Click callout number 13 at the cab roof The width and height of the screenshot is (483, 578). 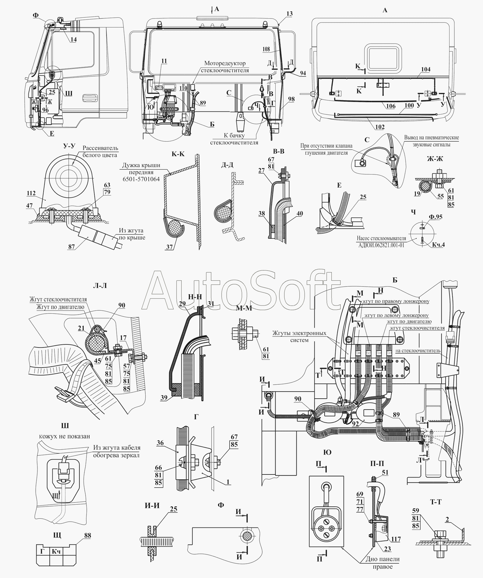(289, 14)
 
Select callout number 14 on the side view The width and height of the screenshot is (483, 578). (74, 39)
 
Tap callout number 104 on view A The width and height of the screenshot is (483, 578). (425, 69)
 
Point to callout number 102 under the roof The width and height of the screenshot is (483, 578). (380, 127)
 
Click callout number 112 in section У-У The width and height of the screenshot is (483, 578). (31, 193)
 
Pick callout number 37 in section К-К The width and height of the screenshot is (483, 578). (169, 247)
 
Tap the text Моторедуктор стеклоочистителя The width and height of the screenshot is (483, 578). (225, 67)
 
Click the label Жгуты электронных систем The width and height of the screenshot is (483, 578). (299, 337)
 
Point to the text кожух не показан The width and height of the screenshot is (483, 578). (65, 436)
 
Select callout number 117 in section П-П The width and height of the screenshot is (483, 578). (396, 539)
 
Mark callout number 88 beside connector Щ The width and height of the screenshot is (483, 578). (87, 536)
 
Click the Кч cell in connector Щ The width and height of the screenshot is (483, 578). (56, 551)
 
